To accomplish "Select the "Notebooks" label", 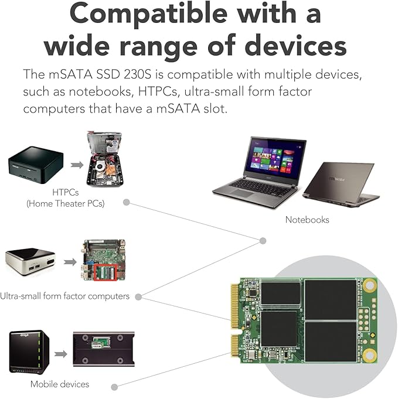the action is (x=307, y=220).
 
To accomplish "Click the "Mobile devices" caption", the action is (x=60, y=384).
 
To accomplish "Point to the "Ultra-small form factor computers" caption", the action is (x=64, y=296).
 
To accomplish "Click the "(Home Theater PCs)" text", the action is (x=66, y=203).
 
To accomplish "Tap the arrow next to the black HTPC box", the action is (x=77, y=165).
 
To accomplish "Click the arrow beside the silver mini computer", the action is (x=70, y=262).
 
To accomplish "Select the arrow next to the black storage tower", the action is (x=60, y=354).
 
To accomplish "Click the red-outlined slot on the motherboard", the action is (x=106, y=272).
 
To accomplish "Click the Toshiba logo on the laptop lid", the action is (x=337, y=179).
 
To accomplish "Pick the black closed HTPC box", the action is (x=36, y=165).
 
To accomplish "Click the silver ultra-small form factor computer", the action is (x=30, y=262).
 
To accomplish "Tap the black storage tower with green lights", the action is (x=29, y=352).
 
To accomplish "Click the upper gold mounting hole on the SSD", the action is (x=370, y=285).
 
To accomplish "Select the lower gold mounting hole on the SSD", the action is (x=369, y=355).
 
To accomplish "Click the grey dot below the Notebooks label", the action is (x=263, y=241).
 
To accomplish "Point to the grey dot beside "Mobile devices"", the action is (x=114, y=387).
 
